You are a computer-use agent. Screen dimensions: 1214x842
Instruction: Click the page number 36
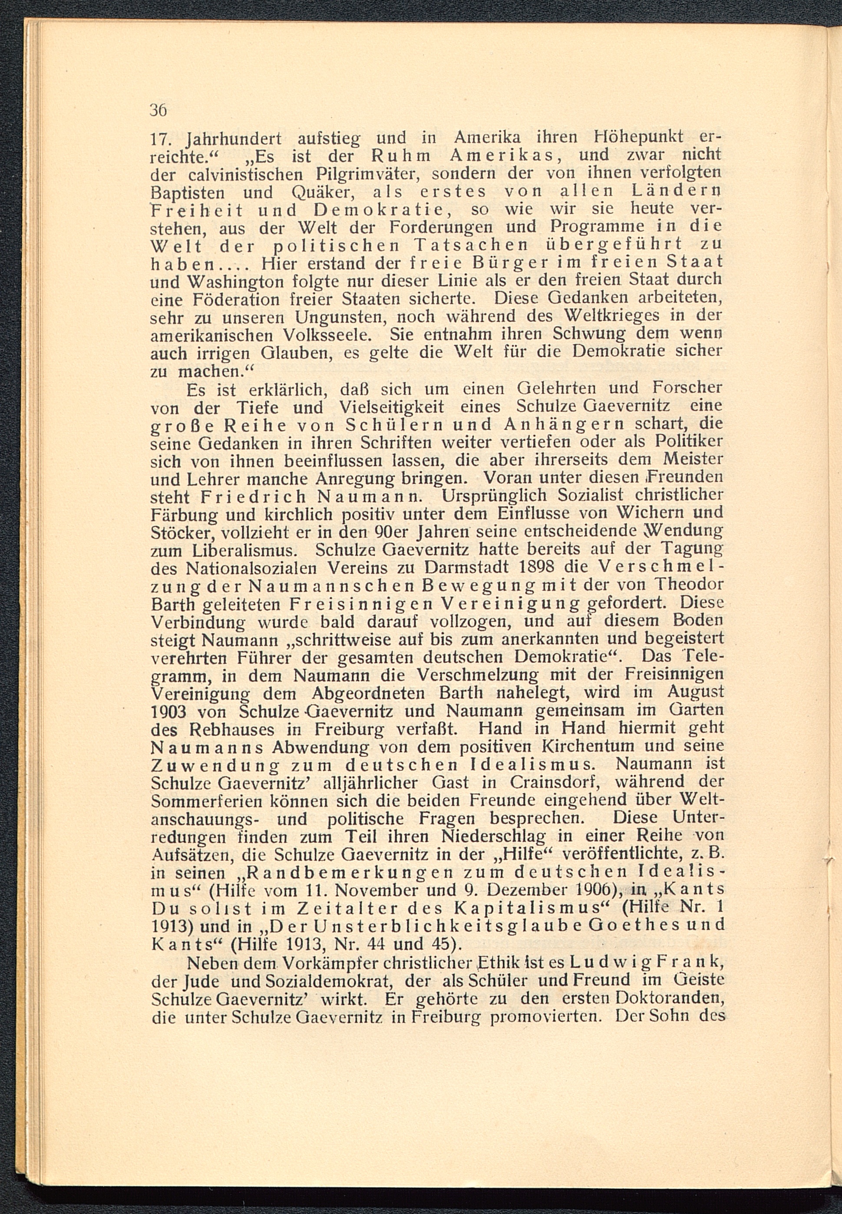click(x=158, y=110)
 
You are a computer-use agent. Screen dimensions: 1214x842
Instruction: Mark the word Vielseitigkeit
click(x=391, y=407)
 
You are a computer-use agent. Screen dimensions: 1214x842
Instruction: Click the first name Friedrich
click(x=253, y=496)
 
